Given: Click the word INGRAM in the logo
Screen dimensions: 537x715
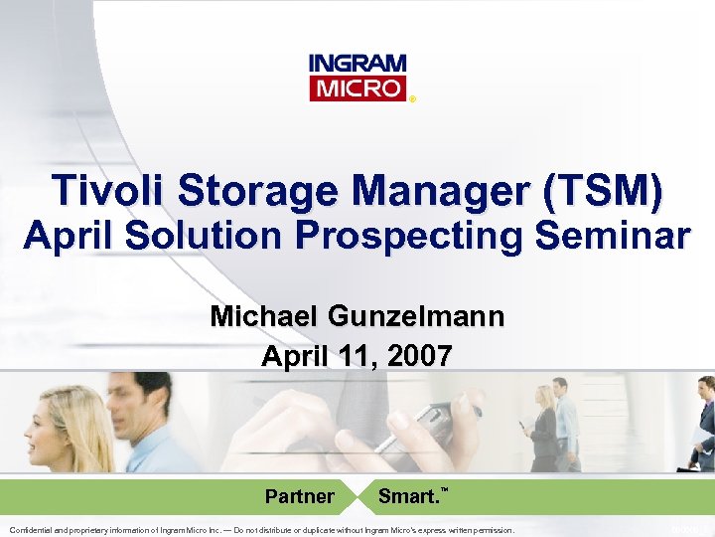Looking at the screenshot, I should click(357, 65).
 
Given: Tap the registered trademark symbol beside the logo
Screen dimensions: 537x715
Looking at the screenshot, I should click(413, 98).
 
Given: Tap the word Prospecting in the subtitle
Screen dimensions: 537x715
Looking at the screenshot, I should click(416, 236).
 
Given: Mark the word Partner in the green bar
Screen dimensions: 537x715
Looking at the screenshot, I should click(299, 495).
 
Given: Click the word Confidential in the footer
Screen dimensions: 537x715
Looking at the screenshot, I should click(34, 530).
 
